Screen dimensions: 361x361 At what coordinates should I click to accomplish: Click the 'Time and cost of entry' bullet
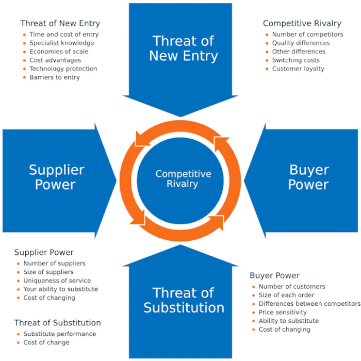63,35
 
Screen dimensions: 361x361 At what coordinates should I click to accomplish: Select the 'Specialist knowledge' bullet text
61,43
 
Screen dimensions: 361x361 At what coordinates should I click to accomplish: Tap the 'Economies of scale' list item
59,52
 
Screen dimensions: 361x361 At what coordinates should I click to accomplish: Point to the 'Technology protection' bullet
63,69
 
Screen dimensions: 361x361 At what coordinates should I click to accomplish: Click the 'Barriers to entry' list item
55,77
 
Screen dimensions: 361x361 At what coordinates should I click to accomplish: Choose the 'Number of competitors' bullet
307,35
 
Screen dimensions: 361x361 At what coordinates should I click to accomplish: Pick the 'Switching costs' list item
296,60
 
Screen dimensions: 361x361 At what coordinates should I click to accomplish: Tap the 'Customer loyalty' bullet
298,69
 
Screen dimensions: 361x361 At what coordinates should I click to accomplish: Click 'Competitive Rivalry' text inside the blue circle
183,179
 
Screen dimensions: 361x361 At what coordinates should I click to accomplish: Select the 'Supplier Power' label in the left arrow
56,177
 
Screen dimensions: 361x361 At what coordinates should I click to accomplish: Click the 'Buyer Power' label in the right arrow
308,177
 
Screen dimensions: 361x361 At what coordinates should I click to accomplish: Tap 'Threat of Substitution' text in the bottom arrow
184,301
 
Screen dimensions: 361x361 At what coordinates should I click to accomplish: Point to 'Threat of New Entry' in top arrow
184,48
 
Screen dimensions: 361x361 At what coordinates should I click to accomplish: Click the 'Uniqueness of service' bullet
57,281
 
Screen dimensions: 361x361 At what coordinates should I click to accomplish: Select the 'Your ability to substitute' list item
60,289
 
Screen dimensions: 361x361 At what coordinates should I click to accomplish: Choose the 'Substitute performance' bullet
59,334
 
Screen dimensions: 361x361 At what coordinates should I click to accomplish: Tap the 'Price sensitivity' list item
283,312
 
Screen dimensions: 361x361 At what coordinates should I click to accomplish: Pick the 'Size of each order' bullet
286,295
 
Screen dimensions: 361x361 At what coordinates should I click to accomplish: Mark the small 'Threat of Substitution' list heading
57,323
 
